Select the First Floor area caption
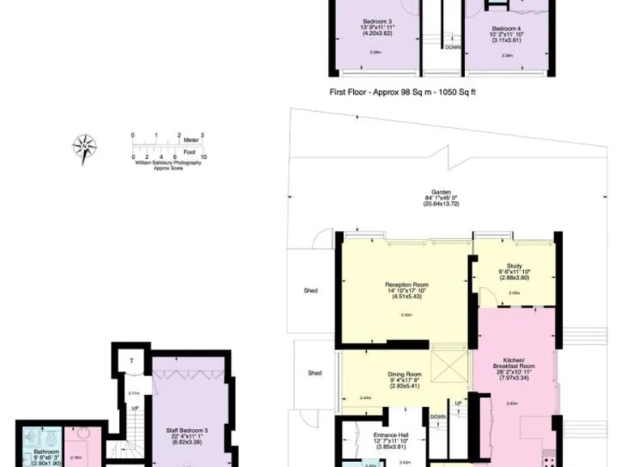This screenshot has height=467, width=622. (402, 92)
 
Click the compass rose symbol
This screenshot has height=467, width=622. (84, 148)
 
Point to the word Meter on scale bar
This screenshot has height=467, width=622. (190, 140)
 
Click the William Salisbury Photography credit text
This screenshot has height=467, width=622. (168, 163)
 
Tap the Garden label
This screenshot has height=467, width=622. (441, 191)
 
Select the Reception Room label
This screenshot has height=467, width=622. (407, 285)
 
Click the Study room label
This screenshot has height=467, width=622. (513, 264)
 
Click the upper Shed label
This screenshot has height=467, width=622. (311, 290)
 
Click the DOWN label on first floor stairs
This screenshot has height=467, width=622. (452, 47)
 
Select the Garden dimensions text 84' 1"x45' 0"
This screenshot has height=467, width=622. (441, 198)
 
